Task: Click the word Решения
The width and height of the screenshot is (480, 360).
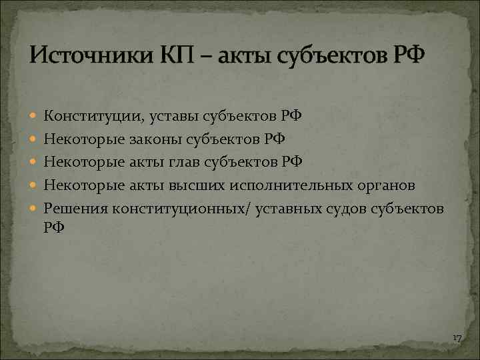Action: click(76, 209)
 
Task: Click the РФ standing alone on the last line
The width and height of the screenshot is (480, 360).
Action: click(54, 227)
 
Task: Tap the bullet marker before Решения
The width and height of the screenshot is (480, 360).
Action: click(34, 209)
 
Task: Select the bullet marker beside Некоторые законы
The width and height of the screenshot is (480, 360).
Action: click(34, 140)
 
